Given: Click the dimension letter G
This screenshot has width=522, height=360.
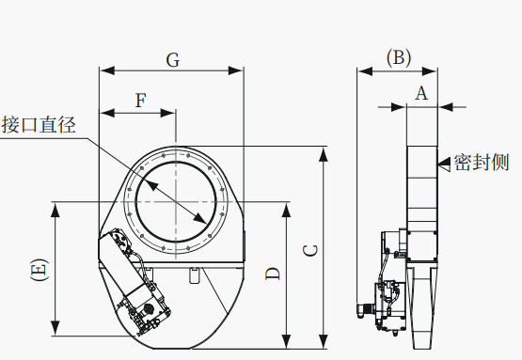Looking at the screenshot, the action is (173, 60).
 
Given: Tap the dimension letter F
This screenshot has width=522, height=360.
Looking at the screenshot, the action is (141, 101).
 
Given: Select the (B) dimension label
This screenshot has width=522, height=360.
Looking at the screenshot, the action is (399, 58).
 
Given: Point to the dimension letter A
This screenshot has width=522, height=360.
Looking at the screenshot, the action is (421, 93).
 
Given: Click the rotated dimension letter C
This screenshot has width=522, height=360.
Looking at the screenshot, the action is (311, 251).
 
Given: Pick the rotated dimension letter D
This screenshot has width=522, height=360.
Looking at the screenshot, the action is (273, 274).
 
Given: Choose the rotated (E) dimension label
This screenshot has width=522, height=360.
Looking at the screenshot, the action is (40, 269).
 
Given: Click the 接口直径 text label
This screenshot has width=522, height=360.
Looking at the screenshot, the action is (39, 125).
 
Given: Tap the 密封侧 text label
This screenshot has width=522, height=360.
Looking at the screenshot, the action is (482, 163).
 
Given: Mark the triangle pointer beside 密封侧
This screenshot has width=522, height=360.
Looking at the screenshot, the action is (445, 164).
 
